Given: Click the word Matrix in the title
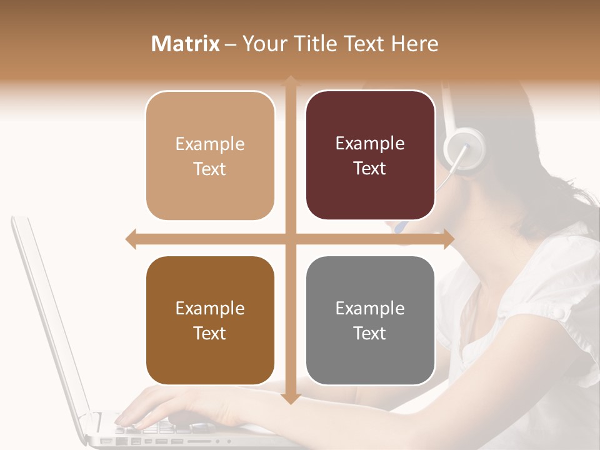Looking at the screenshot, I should coord(186,44).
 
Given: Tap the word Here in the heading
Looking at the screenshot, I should coord(414,44).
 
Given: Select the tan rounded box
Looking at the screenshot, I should coord(210,156).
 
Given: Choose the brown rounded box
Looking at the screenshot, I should coord(210,321).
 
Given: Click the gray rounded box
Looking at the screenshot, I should coord(370,321).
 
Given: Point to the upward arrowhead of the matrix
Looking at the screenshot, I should coord(290,81).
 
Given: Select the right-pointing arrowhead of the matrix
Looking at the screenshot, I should coord(449,239).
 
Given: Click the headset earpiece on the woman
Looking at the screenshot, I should coord(464,147).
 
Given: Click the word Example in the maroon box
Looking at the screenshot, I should coord(370,143).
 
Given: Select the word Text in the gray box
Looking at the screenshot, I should coord(370,333).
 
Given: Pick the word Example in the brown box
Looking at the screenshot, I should coord(210,308).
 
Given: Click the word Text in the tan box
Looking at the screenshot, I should coord(210,169).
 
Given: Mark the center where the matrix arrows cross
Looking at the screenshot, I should coord(290,239).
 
